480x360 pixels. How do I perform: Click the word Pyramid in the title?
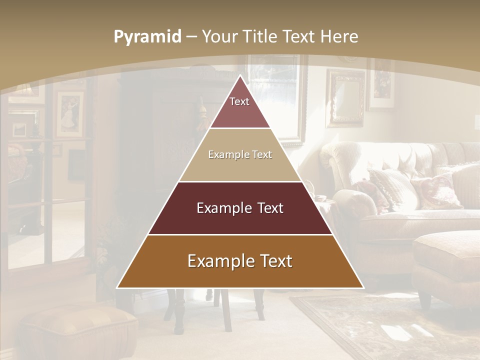point(147,37)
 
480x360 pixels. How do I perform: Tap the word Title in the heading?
point(260,36)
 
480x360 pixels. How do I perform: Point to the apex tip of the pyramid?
point(240,76)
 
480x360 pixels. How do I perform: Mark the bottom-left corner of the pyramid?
point(118,287)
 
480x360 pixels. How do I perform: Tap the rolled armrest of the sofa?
point(350,200)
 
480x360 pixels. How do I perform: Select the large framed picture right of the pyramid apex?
point(277,95)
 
